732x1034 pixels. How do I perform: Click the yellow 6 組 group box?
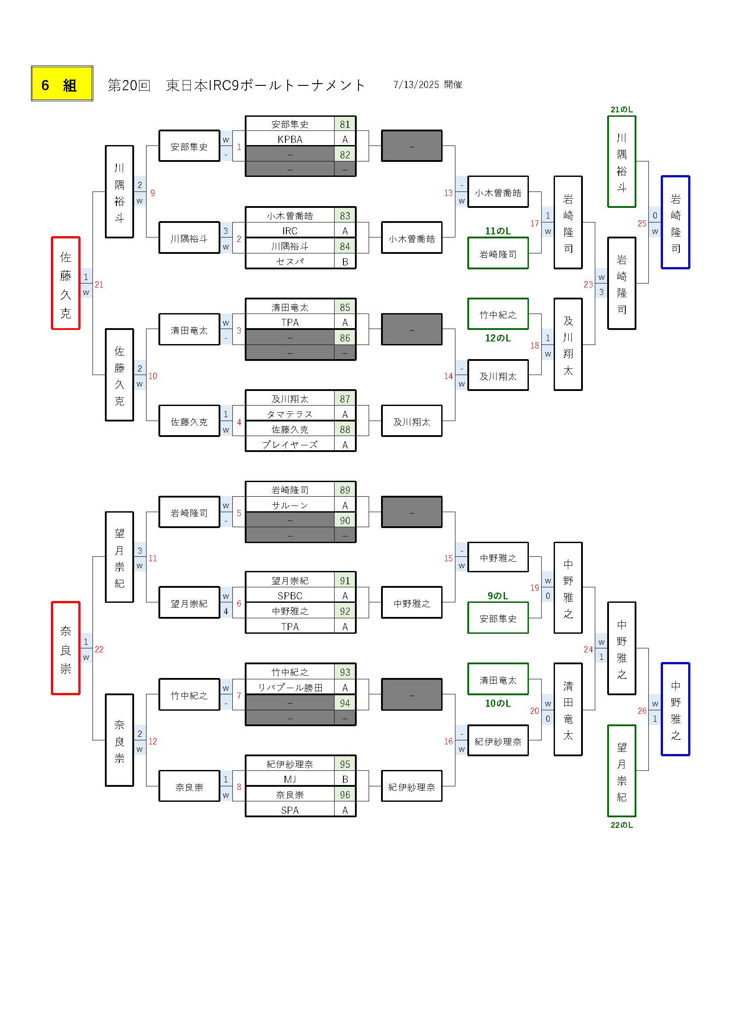pyautogui.click(x=62, y=84)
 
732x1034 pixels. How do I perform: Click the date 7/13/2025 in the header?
pyautogui.click(x=416, y=84)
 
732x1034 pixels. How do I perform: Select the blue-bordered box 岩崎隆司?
pyautogui.click(x=675, y=222)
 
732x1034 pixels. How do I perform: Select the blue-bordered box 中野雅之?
pyautogui.click(x=675, y=709)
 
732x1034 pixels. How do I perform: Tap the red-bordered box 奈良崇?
pyautogui.click(x=66, y=648)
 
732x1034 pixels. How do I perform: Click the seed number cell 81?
pyautogui.click(x=345, y=124)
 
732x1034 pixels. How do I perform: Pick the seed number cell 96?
pyautogui.click(x=345, y=795)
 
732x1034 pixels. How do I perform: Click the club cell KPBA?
pyautogui.click(x=290, y=139)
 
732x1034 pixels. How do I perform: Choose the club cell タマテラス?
pyautogui.click(x=290, y=414)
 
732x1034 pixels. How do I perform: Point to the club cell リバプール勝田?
pyautogui.click(x=290, y=688)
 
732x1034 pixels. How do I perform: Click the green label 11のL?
pyautogui.click(x=497, y=231)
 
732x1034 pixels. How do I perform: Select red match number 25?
pyautogui.click(x=642, y=223)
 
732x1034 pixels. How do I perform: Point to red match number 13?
pyautogui.click(x=448, y=193)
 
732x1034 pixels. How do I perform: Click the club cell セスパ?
pyautogui.click(x=290, y=262)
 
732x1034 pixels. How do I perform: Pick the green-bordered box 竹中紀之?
pyautogui.click(x=498, y=314)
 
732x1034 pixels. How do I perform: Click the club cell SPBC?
pyautogui.click(x=290, y=596)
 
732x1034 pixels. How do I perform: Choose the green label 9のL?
pyautogui.click(x=497, y=595)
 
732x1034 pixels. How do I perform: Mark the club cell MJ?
pyautogui.click(x=290, y=780)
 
